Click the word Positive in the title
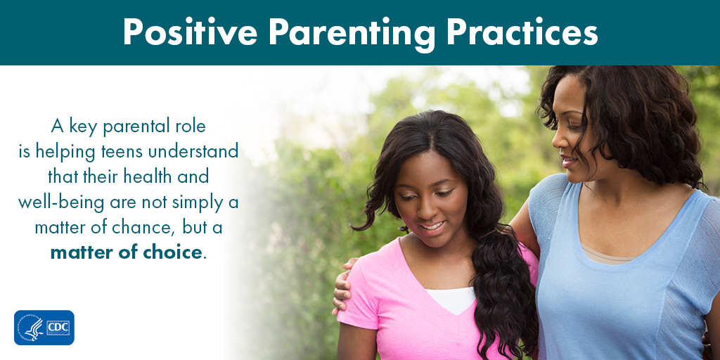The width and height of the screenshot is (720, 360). tap(190, 32)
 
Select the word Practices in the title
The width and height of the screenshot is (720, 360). tap(522, 32)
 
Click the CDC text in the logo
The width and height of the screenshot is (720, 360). tap(58, 328)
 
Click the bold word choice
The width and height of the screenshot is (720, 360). tap(172, 252)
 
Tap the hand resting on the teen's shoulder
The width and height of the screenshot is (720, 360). tap(344, 285)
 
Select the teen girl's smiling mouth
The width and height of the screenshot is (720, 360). tap(432, 226)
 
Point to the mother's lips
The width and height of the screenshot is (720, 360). tap(568, 162)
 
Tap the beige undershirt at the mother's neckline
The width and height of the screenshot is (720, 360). tap(606, 254)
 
